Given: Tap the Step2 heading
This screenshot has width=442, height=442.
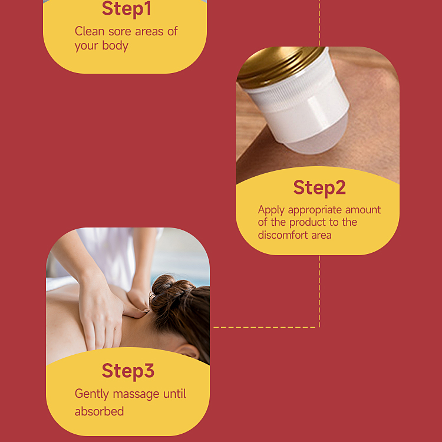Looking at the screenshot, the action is click(319, 188).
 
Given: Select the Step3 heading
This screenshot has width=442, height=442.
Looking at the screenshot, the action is click(128, 371).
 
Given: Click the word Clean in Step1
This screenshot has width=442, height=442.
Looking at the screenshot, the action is click(90, 31).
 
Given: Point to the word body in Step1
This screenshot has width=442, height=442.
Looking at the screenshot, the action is click(116, 45).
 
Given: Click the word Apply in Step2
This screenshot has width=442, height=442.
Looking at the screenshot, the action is click(271, 210).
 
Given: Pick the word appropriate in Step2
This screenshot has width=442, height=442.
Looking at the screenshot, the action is click(315, 210).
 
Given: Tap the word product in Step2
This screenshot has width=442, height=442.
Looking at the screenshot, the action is click(307, 222).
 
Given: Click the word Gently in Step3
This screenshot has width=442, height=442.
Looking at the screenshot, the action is click(92, 394).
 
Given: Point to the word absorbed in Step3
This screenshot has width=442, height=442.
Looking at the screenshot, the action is click(99, 411).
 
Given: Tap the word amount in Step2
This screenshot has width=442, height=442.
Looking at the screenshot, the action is click(363, 210).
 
